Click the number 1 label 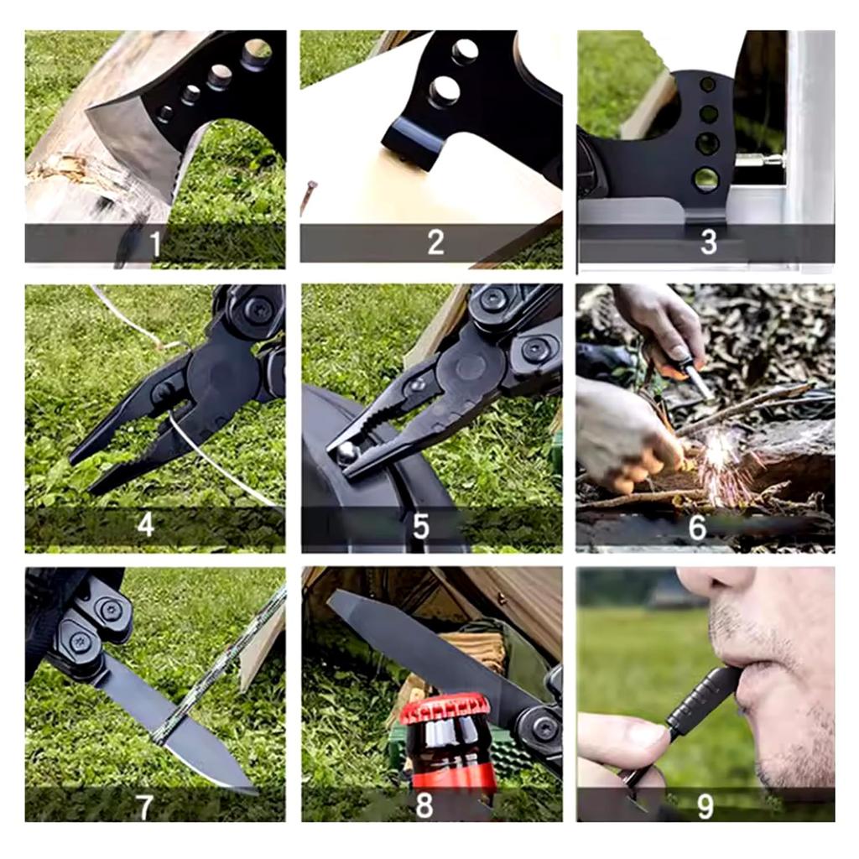(x=155, y=244)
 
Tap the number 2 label (x=435, y=242)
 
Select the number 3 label (x=709, y=242)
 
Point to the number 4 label (x=146, y=525)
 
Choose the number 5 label (x=421, y=527)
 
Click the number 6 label (x=697, y=527)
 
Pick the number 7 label (x=144, y=808)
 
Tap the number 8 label (x=424, y=805)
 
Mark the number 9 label (x=705, y=806)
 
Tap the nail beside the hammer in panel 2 (x=307, y=196)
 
